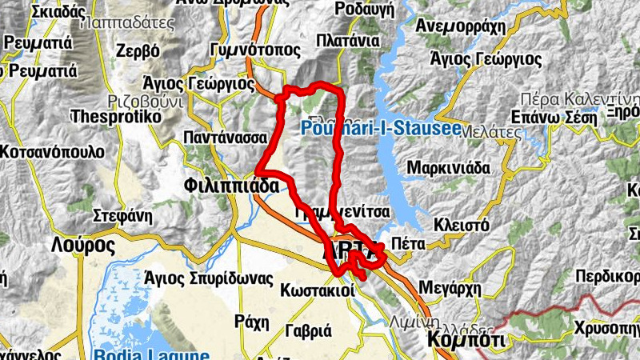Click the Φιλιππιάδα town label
pos(230,186)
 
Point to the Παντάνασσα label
pos(225,137)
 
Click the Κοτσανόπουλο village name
pos(52,151)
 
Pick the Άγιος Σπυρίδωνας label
pos(209,278)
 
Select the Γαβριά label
pos(308,330)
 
